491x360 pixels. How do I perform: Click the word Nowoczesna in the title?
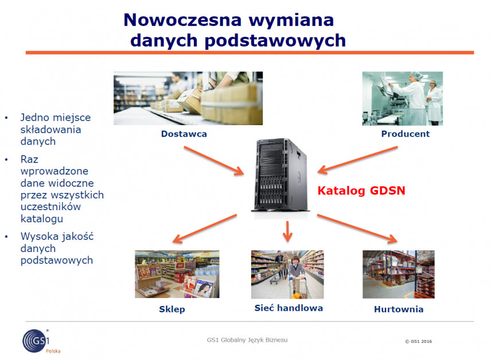182,20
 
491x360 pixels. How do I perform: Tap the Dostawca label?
184,134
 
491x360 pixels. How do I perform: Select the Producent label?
406,134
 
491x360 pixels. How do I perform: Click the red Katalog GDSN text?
361,191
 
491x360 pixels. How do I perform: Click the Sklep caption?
172,309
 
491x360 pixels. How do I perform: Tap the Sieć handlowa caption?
289,308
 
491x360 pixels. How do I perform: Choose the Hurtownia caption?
399,309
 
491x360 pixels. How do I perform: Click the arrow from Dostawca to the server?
214,160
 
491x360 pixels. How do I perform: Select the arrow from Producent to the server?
357,160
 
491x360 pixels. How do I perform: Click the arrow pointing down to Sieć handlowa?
287,231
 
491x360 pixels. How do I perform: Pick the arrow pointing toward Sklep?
204,229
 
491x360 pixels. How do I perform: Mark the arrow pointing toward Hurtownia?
357,229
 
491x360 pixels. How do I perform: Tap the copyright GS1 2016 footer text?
418,341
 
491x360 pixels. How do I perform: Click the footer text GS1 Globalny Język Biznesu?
247,340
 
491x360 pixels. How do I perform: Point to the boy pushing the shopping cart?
296,276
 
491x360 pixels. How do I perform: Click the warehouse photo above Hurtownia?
399,274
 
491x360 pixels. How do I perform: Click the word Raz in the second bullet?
29,159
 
